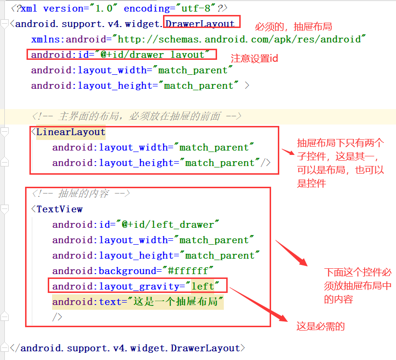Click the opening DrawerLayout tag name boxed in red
point(201,24)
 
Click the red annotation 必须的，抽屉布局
point(293,27)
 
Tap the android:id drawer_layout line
point(121,55)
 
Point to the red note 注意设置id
point(254,58)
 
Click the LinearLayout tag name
point(71,132)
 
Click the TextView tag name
point(59,209)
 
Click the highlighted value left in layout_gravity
point(203,286)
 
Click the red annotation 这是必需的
point(320,327)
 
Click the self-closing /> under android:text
point(57,317)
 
